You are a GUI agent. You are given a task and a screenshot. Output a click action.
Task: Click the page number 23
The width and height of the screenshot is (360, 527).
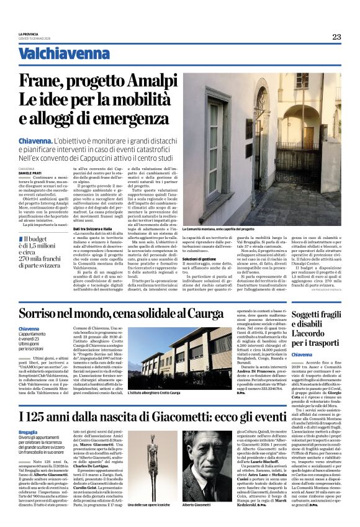336,37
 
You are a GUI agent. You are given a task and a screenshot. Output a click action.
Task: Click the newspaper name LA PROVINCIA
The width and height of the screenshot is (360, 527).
29,33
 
